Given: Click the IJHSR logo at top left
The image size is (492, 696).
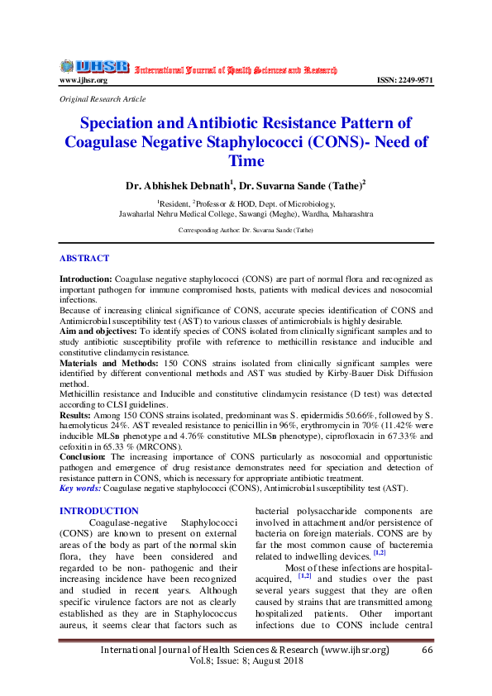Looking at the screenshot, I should (x=93, y=65).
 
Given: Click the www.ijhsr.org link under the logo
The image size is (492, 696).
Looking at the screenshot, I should (x=84, y=80).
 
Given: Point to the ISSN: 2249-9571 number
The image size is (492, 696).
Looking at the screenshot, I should (x=404, y=80).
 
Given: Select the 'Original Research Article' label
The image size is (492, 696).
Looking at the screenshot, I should (x=103, y=98).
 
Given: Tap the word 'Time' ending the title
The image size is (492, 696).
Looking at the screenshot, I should (x=246, y=160).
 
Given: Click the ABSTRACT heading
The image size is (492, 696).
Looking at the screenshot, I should (x=84, y=259).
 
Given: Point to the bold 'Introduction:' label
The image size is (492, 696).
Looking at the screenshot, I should (x=86, y=281).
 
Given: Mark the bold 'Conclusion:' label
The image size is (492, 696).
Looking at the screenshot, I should (x=83, y=456).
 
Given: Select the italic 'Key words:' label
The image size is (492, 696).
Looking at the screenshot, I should (x=81, y=489).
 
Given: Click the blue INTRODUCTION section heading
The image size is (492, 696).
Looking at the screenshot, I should (x=99, y=512).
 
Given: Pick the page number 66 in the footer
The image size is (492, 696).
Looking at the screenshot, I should (x=428, y=650).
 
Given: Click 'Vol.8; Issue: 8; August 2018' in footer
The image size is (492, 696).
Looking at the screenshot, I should (x=246, y=661).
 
